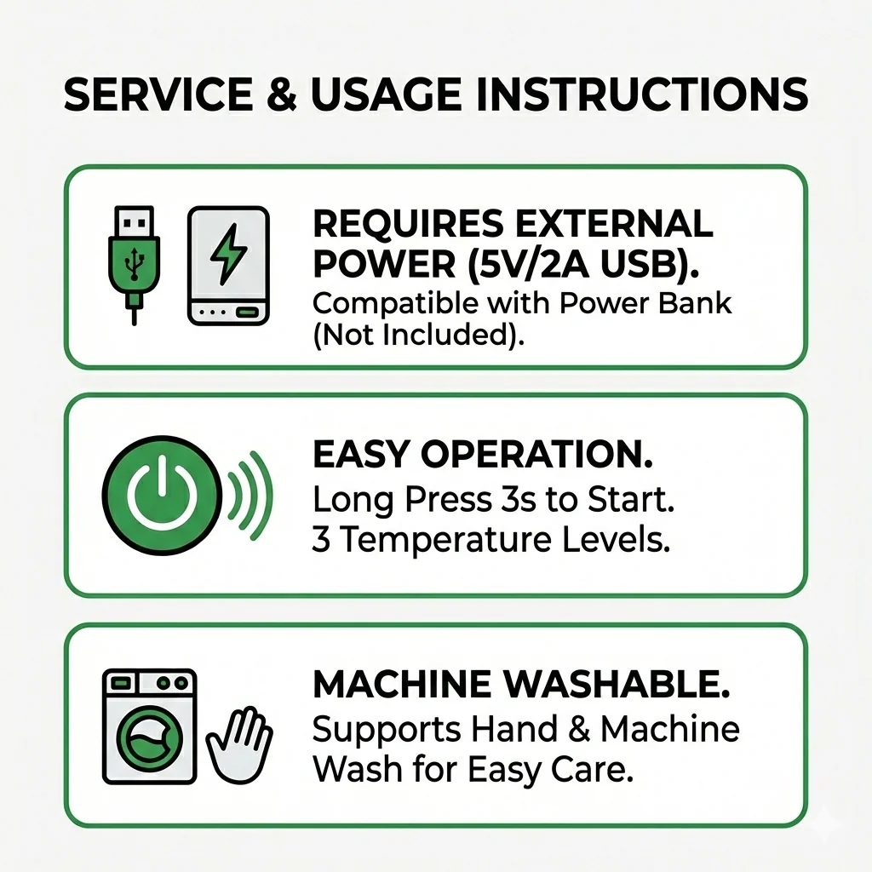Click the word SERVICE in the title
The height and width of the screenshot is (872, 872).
(158, 94)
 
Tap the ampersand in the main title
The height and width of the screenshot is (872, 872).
(282, 94)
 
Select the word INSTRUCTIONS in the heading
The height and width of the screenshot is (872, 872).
(642, 94)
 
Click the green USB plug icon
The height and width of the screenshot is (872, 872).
(134, 265)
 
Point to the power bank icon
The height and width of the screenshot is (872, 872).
(228, 266)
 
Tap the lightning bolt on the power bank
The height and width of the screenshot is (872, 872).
(228, 254)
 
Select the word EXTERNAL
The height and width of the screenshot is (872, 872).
(613, 224)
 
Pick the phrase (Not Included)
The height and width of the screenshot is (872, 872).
(419, 335)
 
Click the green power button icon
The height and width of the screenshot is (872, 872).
(162, 495)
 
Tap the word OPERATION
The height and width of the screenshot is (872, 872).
(536, 455)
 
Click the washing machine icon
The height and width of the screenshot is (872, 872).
(150, 726)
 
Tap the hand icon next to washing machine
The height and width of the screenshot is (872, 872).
(239, 745)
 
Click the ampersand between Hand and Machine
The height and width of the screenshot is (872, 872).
(578, 729)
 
